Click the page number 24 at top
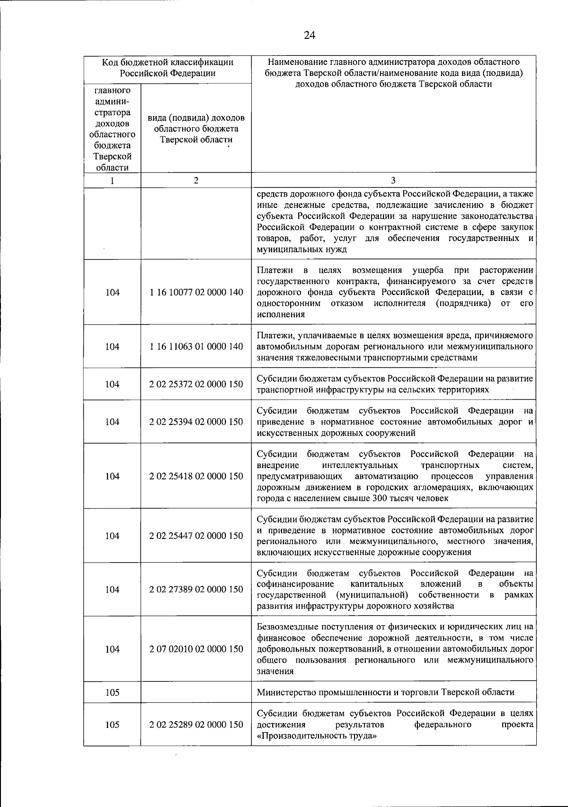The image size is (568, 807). tap(309, 35)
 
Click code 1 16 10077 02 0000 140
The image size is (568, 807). tap(196, 292)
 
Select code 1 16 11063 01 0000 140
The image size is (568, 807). tap(196, 346)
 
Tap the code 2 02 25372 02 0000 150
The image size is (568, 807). tap(196, 384)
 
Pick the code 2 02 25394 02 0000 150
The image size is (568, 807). tap(196, 421)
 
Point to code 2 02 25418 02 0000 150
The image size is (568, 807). tap(196, 476)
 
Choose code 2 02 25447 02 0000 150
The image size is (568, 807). tap(196, 536)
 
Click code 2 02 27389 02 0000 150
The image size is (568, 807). tap(196, 589)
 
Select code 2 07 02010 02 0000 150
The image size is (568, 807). tap(196, 649)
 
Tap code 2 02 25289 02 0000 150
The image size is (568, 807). tap(196, 725)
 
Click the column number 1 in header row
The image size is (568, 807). tap(112, 180)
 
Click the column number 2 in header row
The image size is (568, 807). tap(196, 180)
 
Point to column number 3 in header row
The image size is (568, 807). tap(393, 180)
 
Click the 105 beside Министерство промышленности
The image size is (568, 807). tap(112, 692)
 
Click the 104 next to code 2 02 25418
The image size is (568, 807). tap(112, 476)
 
